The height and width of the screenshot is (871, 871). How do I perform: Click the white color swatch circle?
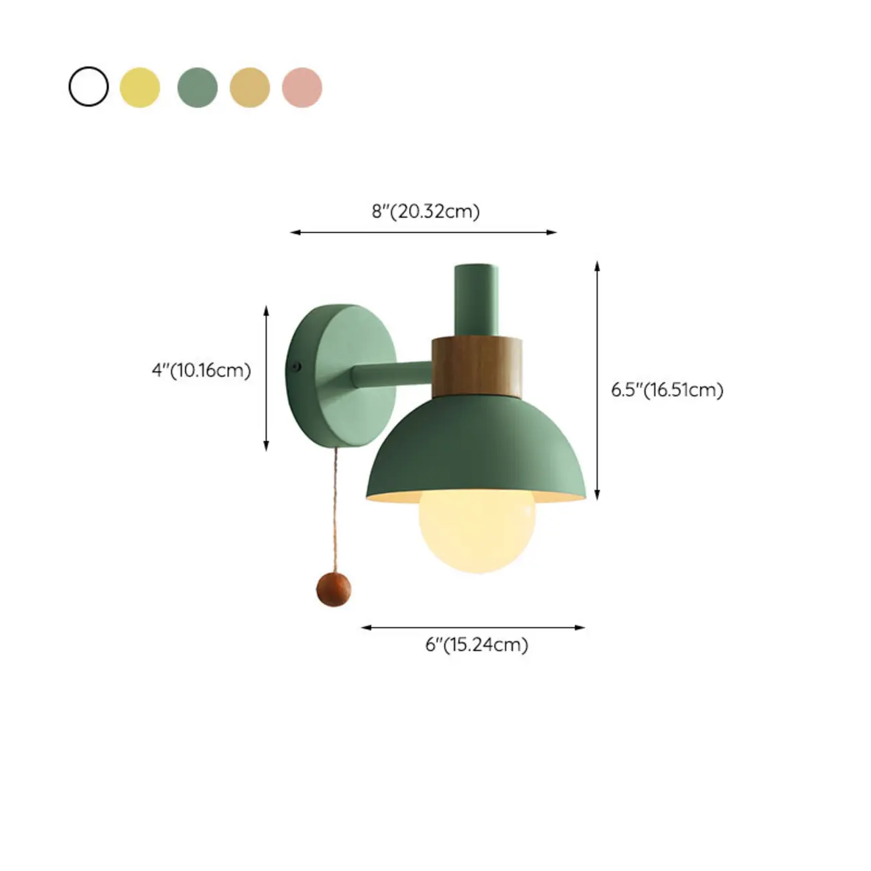point(88,86)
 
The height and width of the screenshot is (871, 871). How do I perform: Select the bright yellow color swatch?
point(139,87)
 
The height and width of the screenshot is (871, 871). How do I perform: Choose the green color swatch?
point(197,87)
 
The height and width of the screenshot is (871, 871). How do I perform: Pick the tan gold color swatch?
point(249,87)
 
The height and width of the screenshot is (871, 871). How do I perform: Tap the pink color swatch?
point(301,87)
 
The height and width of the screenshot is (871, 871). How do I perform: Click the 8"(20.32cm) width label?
point(425,211)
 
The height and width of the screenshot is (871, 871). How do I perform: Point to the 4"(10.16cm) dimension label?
point(201,370)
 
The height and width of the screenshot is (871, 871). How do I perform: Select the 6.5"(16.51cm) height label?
point(667,389)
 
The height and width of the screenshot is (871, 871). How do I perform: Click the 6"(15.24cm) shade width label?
point(476,645)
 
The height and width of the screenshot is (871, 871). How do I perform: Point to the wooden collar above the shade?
point(476,366)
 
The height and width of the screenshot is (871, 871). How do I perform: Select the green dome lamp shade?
point(476,449)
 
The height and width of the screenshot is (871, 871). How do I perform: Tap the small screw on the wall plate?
point(295,366)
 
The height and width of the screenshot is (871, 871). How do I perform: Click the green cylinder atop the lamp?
point(476,299)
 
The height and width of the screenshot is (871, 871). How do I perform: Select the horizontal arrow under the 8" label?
point(423,232)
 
